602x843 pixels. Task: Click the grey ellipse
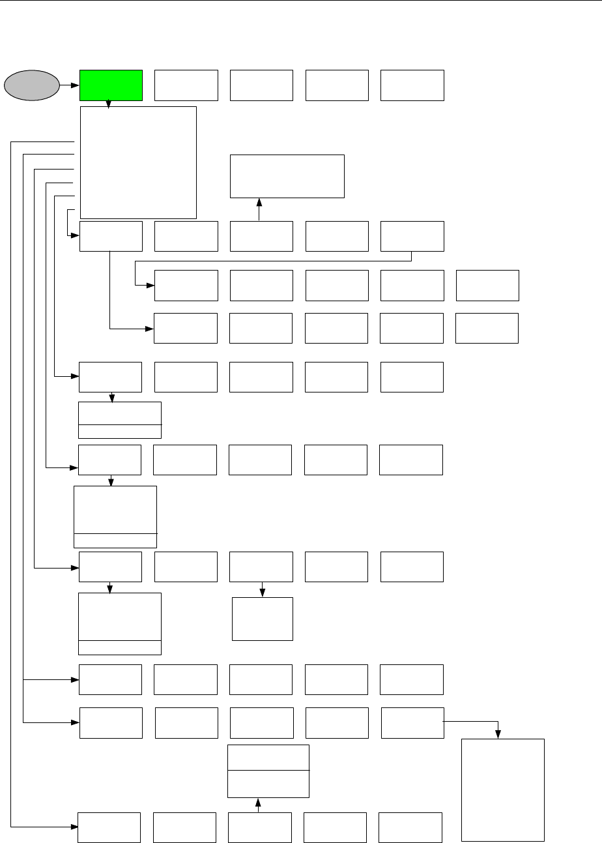tap(31, 85)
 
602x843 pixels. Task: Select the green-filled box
tap(111, 85)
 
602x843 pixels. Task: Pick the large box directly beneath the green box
tap(137, 162)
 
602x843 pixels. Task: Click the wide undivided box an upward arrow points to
tap(287, 176)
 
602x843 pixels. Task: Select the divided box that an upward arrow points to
tap(268, 771)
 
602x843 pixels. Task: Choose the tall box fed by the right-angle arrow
tap(502, 790)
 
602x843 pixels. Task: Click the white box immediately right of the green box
tap(186, 85)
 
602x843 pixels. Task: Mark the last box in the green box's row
tap(412, 85)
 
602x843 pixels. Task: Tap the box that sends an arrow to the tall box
tap(412, 722)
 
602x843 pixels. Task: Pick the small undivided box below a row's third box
tap(263, 618)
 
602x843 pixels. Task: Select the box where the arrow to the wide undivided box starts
tap(261, 236)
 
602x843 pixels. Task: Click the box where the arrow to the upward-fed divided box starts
tap(259, 827)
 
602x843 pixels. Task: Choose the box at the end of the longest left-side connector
tap(109, 827)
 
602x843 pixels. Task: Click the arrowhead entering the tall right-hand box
tap(499, 735)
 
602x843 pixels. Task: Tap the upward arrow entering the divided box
tap(259, 805)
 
